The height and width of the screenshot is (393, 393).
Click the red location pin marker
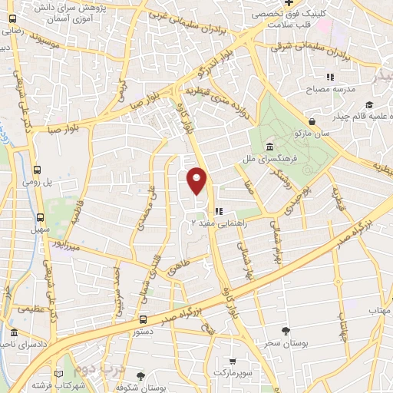197,180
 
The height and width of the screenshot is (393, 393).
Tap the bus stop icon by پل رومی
38,169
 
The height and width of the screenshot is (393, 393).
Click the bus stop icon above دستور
144,319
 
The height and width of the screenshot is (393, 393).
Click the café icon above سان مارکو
312,121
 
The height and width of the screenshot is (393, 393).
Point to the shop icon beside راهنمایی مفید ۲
218,210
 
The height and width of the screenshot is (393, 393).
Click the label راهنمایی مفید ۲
208,222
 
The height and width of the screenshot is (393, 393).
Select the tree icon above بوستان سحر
286,331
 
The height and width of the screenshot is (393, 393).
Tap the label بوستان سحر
286,343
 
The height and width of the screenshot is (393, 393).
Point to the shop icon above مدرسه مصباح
330,77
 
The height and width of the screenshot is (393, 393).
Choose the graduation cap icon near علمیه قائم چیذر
368,105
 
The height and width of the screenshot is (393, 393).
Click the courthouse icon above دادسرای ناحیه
15,332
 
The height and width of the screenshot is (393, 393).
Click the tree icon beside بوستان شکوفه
140,376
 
